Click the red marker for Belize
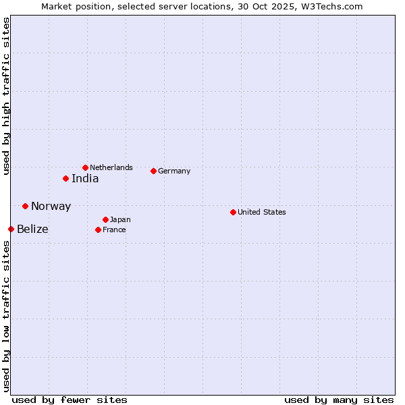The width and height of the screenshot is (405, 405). pos(11,230)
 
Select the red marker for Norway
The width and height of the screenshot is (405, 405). pos(26,206)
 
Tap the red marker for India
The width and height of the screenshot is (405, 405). pos(66,179)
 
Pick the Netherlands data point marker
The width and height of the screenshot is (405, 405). pos(86,167)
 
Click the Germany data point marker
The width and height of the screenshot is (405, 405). pos(154,171)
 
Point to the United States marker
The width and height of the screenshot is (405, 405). pos(234,212)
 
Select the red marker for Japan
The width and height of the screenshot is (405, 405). pos(106,219)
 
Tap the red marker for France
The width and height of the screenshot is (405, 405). pos(99,230)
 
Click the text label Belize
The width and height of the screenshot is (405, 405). pos(32,230)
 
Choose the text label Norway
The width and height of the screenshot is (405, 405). pos(51,207)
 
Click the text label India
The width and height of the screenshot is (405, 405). pos(85,179)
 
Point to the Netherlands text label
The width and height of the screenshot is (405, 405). pos(111,167)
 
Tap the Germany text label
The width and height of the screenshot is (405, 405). pos(174,171)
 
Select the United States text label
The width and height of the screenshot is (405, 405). pos(262,212)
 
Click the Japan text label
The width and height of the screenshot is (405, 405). pos(120,220)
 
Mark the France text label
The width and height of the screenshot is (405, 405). pos(114,230)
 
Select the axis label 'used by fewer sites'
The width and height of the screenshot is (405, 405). pos(70,400)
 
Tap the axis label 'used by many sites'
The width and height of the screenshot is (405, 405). pos(339,400)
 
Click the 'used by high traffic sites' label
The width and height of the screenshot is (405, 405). pos(6,96)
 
